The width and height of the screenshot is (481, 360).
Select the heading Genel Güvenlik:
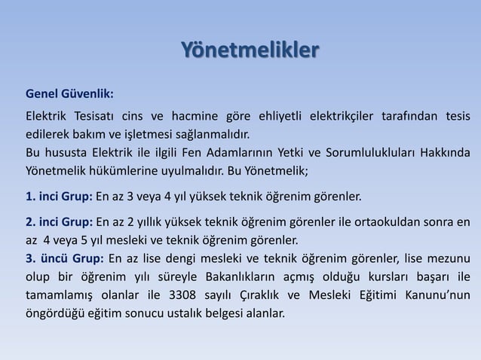(70, 95)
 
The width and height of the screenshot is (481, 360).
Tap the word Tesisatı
(95, 116)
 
